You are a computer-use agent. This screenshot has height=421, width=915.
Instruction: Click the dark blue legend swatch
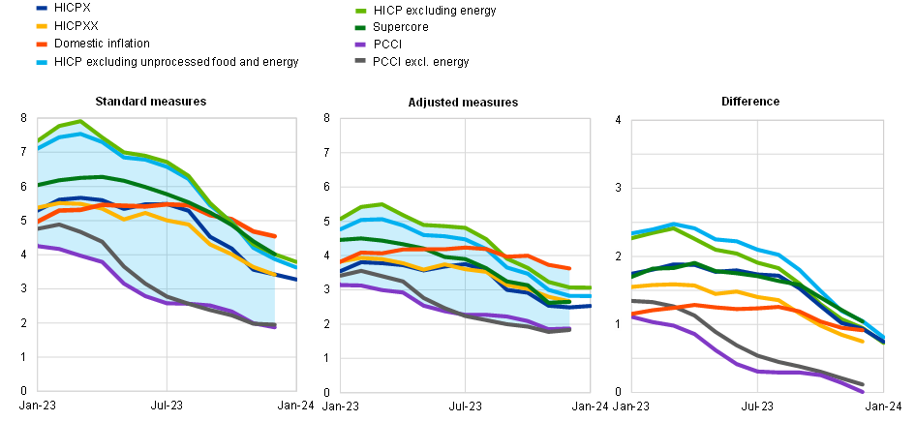pyautogui.click(x=42, y=9)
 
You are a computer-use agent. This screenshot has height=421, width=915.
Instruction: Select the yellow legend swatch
pyautogui.click(x=42, y=26)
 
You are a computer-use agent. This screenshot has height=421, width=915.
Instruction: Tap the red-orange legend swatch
pyautogui.click(x=42, y=44)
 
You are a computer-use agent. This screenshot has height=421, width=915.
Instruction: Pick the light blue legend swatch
pyautogui.click(x=42, y=62)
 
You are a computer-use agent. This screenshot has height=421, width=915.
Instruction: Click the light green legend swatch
pyautogui.click(x=360, y=11)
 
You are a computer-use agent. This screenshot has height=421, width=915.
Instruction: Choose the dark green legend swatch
pyautogui.click(x=360, y=27)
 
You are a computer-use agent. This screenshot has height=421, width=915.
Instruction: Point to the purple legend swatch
pyautogui.click(x=360, y=44)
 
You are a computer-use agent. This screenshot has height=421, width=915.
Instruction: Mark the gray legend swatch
pyautogui.click(x=360, y=60)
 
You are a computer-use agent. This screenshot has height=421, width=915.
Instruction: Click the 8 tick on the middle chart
pyautogui.click(x=327, y=118)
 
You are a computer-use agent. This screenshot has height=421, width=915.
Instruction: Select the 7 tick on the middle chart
pyautogui.click(x=327, y=153)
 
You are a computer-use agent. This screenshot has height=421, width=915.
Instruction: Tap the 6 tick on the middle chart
pyautogui.click(x=327, y=187)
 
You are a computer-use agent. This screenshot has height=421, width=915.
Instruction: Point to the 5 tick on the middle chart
pyautogui.click(x=327, y=222)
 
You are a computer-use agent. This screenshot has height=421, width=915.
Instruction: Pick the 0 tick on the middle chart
pyautogui.click(x=327, y=392)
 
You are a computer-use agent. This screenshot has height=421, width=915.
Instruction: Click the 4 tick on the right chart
pyautogui.click(x=618, y=119)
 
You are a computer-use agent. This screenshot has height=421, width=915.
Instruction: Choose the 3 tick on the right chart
pyautogui.click(x=618, y=188)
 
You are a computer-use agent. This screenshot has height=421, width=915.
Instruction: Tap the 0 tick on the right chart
pyautogui.click(x=618, y=392)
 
